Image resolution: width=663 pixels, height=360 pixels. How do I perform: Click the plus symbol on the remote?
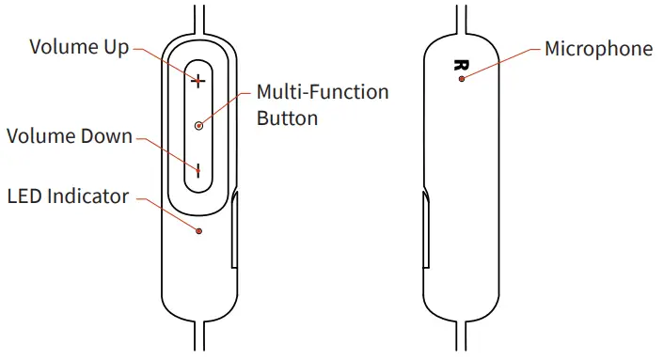(x=198, y=82)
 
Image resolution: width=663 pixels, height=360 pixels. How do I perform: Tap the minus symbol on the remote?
(x=198, y=170)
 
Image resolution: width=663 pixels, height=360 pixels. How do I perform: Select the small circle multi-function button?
(x=198, y=125)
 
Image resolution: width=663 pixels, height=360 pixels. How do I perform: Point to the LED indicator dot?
(x=198, y=230)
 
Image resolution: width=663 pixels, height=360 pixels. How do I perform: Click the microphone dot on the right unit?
(x=461, y=80)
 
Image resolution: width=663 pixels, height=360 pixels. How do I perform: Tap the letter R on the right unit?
(x=460, y=65)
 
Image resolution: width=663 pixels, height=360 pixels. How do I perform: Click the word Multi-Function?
(x=323, y=93)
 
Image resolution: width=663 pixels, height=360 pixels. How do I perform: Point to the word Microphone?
(x=598, y=49)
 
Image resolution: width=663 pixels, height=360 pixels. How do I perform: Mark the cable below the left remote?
(x=198, y=340)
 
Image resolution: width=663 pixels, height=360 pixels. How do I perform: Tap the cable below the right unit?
(x=460, y=340)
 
